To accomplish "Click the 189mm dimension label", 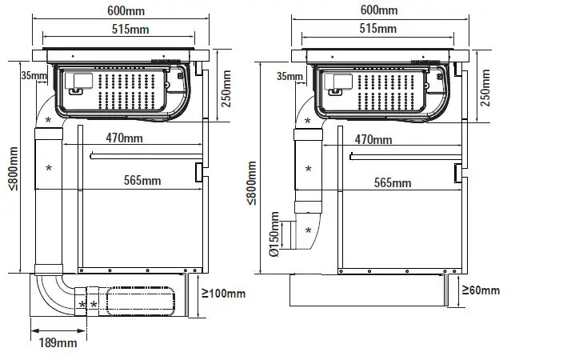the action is tap(58, 343).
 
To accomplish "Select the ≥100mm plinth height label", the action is tap(224, 294).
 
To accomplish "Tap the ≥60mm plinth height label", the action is tap(481, 290).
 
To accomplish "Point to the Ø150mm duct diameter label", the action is tap(274, 234).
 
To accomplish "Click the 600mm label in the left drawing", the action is tap(126, 10).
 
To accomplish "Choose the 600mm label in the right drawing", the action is tap(379, 10).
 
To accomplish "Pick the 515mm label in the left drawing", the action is tap(130, 29).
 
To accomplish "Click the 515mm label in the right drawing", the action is tap(378, 29).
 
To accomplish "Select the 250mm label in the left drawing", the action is tap(226, 89).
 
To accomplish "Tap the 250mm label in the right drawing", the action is tap(485, 87).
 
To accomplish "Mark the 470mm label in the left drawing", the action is tap(125, 138).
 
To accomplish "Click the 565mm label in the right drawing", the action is tap(393, 182).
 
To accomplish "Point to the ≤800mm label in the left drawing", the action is tap(14, 169).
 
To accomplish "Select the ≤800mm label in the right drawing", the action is tap(251, 182).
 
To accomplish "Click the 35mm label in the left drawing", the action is tap(34, 75).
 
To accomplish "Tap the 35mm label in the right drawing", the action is tap(289, 76).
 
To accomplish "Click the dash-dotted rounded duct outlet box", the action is tap(141, 301).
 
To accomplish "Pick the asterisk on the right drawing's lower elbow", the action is tap(309, 230).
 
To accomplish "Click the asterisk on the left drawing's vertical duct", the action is tap(49, 168).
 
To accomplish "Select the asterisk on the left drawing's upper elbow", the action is tap(48, 120).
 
